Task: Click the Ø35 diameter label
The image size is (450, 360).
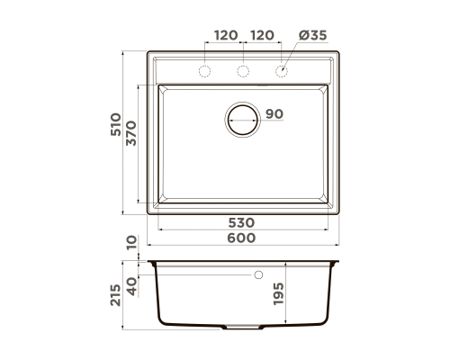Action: click(x=312, y=35)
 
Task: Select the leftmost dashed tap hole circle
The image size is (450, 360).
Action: click(x=205, y=71)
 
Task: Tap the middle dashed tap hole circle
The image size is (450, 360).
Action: click(x=243, y=71)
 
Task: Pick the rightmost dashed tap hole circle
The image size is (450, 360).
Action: click(x=282, y=71)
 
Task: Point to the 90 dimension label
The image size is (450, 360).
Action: click(x=274, y=114)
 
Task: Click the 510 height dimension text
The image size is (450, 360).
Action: click(x=116, y=124)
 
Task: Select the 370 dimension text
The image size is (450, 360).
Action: click(x=131, y=133)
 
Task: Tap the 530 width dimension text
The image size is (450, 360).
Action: click(x=241, y=223)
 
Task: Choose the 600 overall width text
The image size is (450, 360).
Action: click(x=241, y=238)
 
